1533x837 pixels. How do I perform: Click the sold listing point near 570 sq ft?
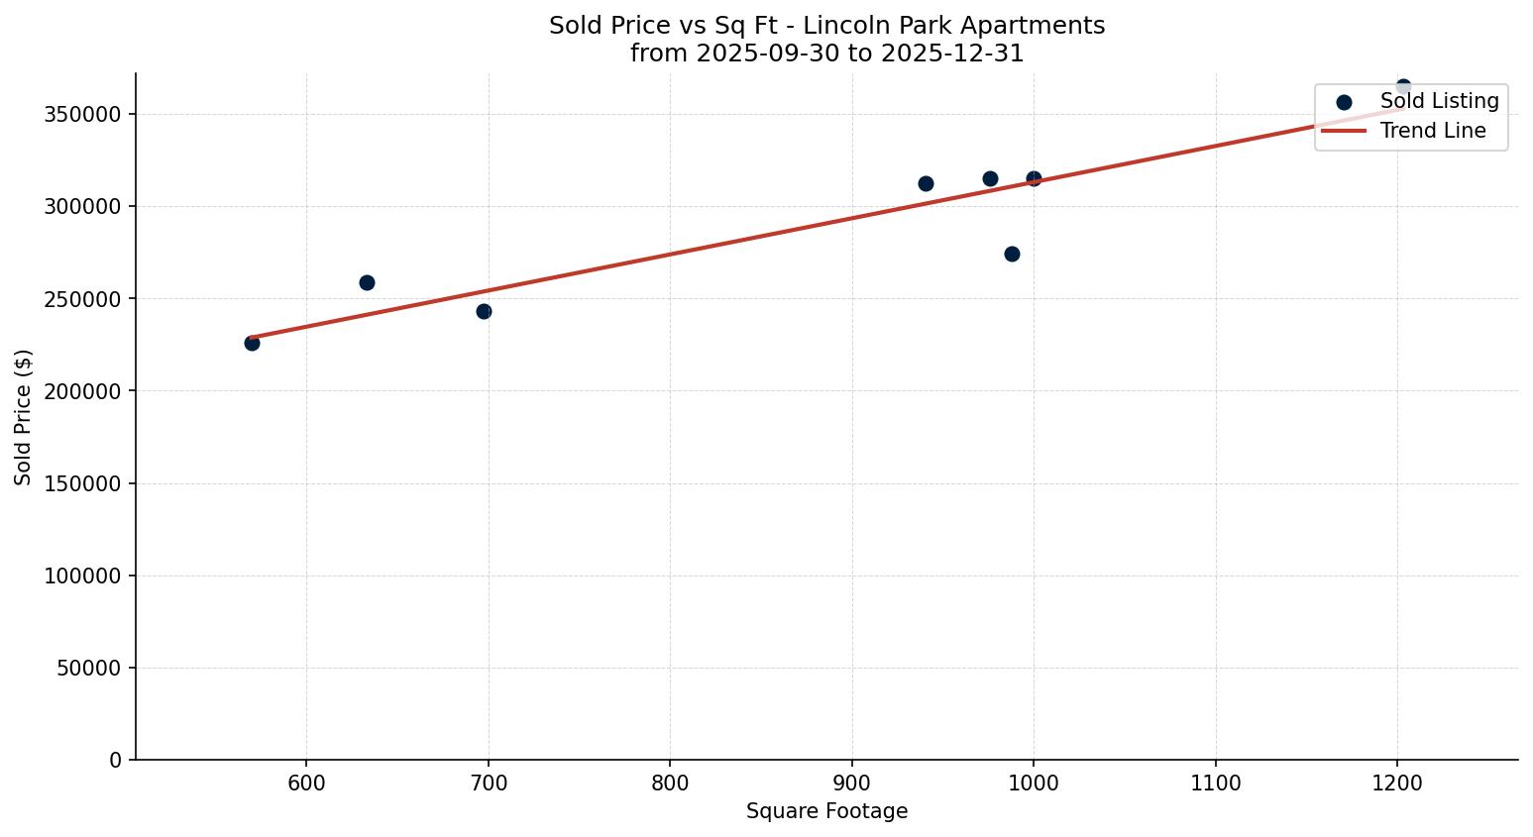click(x=252, y=343)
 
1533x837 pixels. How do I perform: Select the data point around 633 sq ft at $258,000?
click(x=367, y=282)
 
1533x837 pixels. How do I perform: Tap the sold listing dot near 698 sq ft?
click(x=484, y=311)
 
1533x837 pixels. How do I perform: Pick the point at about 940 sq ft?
click(x=926, y=183)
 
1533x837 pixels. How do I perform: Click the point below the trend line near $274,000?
click(x=1012, y=254)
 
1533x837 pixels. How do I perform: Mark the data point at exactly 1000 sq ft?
click(x=1034, y=178)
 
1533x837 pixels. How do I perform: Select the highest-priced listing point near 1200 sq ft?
click(x=1403, y=87)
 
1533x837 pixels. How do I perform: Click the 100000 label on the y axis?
click(x=83, y=575)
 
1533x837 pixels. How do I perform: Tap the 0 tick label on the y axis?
click(x=116, y=760)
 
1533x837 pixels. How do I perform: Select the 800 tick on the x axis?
click(x=670, y=784)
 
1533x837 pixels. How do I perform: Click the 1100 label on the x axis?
click(x=1215, y=784)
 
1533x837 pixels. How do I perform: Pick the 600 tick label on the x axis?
click(x=306, y=784)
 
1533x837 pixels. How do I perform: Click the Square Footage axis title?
click(x=826, y=811)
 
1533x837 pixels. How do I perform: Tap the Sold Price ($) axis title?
click(x=23, y=417)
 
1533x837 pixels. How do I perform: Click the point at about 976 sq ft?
click(x=990, y=178)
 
